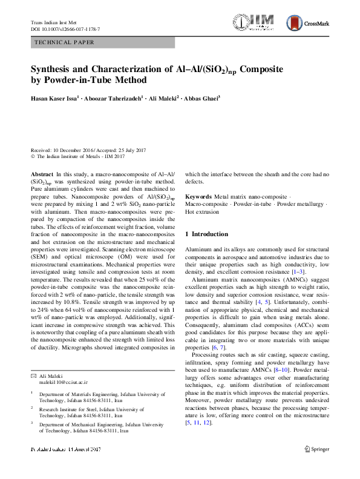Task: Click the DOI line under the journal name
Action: tap(65, 29)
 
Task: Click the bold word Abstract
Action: tap(42, 174)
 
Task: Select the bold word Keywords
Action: tap(199, 197)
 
